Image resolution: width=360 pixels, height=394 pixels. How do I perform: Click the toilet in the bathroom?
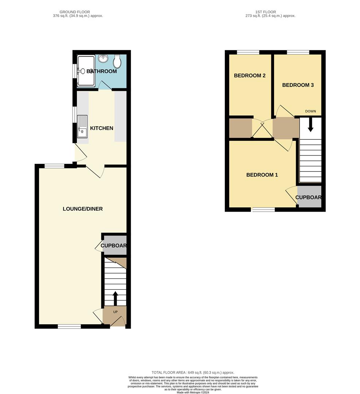click(x=117, y=61)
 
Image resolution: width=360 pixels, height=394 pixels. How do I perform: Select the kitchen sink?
click(x=82, y=126)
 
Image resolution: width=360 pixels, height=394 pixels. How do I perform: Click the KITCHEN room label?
click(x=102, y=128)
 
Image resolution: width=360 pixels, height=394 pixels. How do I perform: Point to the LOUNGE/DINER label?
click(x=83, y=209)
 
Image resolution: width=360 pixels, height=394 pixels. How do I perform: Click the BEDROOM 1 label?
click(x=262, y=175)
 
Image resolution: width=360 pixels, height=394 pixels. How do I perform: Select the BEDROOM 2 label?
click(x=250, y=76)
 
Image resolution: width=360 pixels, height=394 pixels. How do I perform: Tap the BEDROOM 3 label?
click(x=298, y=85)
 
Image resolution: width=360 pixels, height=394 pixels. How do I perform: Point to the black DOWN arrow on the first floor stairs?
click(x=310, y=125)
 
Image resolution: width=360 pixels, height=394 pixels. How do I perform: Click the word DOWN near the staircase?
click(x=310, y=111)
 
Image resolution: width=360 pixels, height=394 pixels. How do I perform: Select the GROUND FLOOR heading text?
click(x=75, y=12)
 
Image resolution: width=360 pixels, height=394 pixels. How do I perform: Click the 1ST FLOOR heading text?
click(x=266, y=12)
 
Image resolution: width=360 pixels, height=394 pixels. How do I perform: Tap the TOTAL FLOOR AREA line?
click(x=193, y=372)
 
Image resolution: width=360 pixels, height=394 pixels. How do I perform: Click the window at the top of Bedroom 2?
click(x=248, y=52)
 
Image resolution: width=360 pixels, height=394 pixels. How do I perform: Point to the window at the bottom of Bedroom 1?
click(x=263, y=209)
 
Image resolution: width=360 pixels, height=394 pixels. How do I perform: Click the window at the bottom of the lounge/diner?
click(x=69, y=327)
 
